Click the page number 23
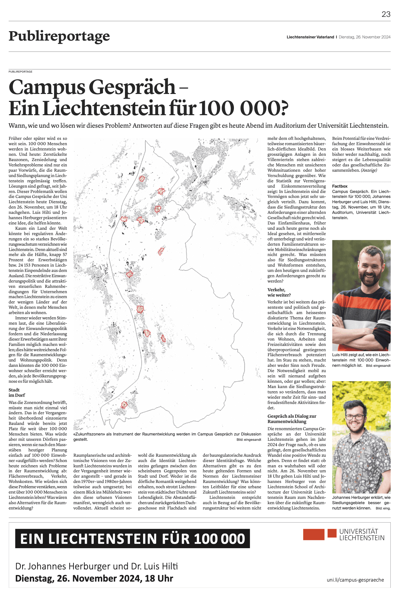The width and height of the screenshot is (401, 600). tap(386, 14)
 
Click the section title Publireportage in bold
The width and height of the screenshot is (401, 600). tap(59, 36)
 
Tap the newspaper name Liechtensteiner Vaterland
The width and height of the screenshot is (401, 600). tap(310, 37)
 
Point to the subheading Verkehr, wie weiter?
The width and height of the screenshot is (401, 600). tap(279, 292)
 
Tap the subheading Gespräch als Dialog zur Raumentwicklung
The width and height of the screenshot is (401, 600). tap(292, 419)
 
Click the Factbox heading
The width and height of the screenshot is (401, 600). tap(340, 186)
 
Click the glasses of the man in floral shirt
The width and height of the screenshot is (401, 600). tap(355, 417)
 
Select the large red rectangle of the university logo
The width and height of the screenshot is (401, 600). tap(314, 534)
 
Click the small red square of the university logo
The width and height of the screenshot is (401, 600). tap(332, 533)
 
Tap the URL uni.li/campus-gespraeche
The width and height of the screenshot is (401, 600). tap(355, 580)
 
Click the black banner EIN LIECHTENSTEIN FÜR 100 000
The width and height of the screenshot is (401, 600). tap(132, 539)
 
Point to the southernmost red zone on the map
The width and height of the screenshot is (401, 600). tap(124, 405)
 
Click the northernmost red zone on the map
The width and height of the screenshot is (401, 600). tap(142, 179)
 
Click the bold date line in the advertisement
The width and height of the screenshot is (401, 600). tap(94, 578)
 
